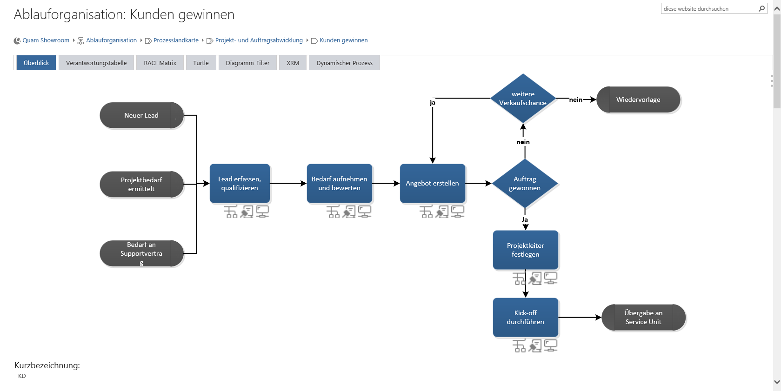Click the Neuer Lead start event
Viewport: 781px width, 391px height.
pyautogui.click(x=141, y=115)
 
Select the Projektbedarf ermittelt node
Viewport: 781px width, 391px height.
pyautogui.click(x=141, y=185)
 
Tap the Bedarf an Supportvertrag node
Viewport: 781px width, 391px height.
pyautogui.click(x=141, y=253)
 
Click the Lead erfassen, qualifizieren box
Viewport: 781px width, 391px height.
pyautogui.click(x=240, y=184)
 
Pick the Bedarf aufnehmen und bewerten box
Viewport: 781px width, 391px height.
pyautogui.click(x=339, y=184)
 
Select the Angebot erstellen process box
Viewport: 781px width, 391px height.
pyautogui.click(x=432, y=184)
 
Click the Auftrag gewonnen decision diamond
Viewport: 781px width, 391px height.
pyautogui.click(x=525, y=184)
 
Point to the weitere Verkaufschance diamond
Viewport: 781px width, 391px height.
pyautogui.click(x=523, y=99)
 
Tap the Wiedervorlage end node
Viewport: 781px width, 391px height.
pyautogui.click(x=638, y=99)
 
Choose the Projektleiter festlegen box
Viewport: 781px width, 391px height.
pyautogui.click(x=525, y=250)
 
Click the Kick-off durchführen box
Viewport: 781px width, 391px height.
pyautogui.click(x=525, y=318)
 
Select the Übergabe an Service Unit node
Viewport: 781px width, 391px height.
pyautogui.click(x=643, y=318)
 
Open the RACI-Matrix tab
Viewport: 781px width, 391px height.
pyautogui.click(x=160, y=63)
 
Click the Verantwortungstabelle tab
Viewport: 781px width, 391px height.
pyautogui.click(x=96, y=63)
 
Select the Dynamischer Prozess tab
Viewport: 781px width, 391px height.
pyautogui.click(x=344, y=63)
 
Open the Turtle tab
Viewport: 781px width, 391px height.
pyautogui.click(x=201, y=63)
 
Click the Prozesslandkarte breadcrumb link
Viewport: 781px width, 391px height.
pyautogui.click(x=176, y=40)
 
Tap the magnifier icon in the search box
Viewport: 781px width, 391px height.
pyautogui.click(x=761, y=8)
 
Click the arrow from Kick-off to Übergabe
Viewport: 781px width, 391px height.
pyautogui.click(x=580, y=318)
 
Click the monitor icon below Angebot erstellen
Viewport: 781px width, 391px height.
pyautogui.click(x=458, y=212)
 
